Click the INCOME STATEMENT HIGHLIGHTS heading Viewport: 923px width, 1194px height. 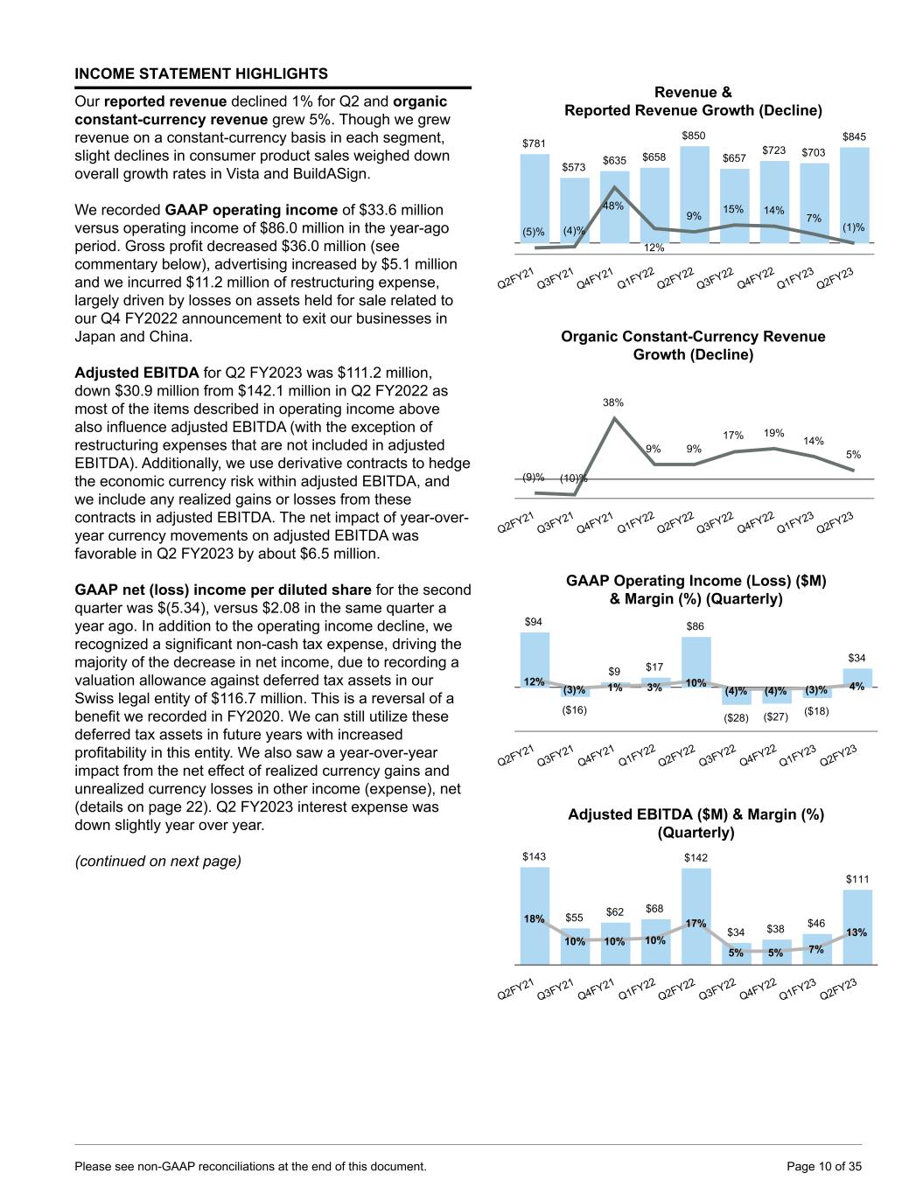(201, 73)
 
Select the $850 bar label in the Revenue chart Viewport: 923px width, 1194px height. (694, 136)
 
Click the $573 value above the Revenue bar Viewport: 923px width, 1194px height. (574, 166)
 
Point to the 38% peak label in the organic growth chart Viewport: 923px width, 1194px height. (613, 403)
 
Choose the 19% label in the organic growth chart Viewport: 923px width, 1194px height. (774, 432)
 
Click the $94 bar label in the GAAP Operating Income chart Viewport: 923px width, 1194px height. (533, 622)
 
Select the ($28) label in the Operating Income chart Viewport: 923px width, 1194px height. (736, 717)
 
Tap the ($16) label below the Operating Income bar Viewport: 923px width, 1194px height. (574, 709)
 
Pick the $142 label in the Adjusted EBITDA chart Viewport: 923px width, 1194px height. (696, 858)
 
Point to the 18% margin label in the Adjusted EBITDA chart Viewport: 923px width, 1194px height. (534, 919)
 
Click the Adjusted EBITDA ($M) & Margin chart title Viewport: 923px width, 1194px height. (696, 823)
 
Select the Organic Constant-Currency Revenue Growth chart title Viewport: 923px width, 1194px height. (693, 346)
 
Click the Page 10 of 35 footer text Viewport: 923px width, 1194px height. (824, 1166)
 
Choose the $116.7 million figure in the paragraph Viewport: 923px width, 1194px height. (356, 698)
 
